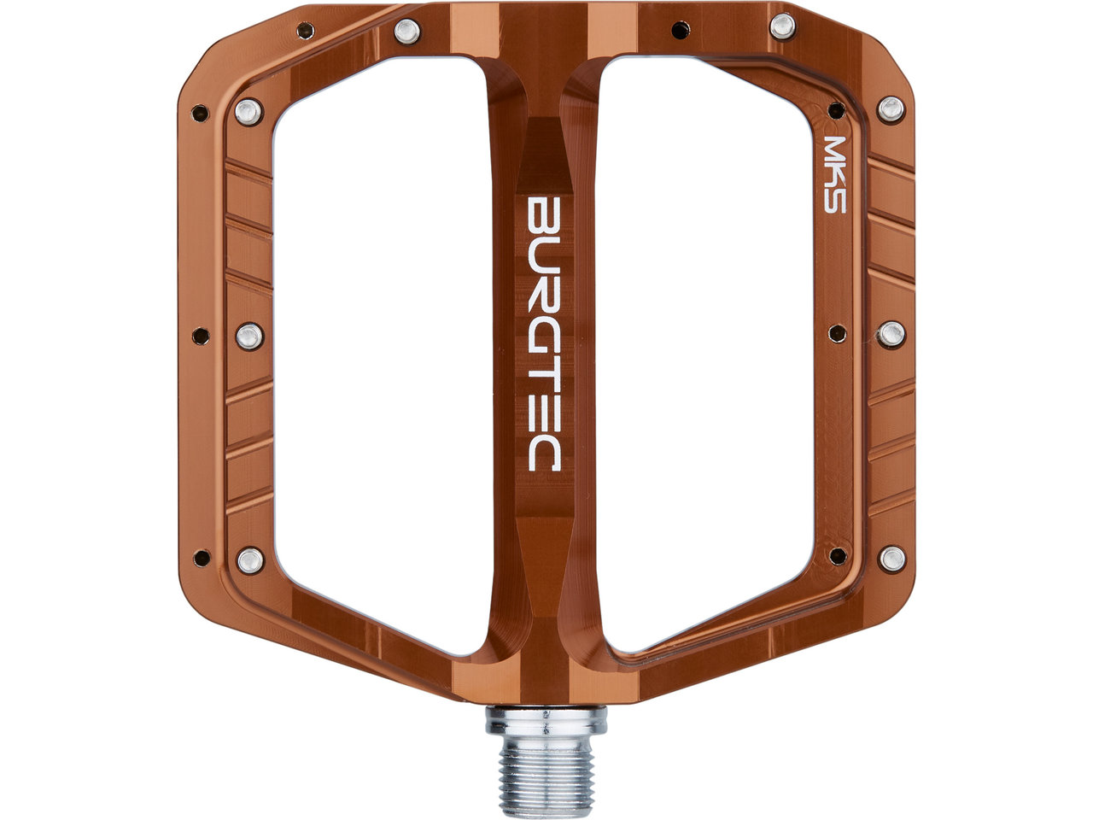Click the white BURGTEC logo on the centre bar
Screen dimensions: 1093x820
(544, 334)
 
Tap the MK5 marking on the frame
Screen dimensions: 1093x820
(834, 174)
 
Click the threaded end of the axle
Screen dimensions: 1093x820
(546, 783)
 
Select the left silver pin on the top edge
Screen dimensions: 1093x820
(407, 32)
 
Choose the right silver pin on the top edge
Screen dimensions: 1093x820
(782, 26)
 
